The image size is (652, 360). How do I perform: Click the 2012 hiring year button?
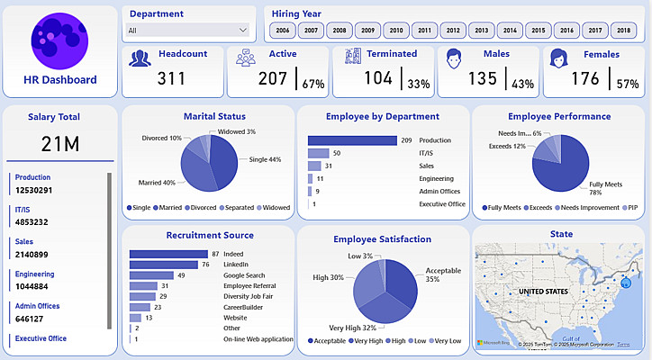click(453, 31)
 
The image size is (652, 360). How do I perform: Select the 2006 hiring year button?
click(283, 31)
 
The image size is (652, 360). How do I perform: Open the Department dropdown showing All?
click(187, 30)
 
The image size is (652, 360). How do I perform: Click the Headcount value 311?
click(171, 79)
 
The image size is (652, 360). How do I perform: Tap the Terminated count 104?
click(378, 79)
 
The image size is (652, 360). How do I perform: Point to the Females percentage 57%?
click(628, 84)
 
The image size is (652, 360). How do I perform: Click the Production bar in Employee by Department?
click(352, 140)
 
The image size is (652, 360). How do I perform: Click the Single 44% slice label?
click(265, 159)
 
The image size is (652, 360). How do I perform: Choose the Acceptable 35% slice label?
click(443, 274)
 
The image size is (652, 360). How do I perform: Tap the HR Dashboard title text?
click(60, 79)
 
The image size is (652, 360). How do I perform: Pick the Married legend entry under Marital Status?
click(168, 208)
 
